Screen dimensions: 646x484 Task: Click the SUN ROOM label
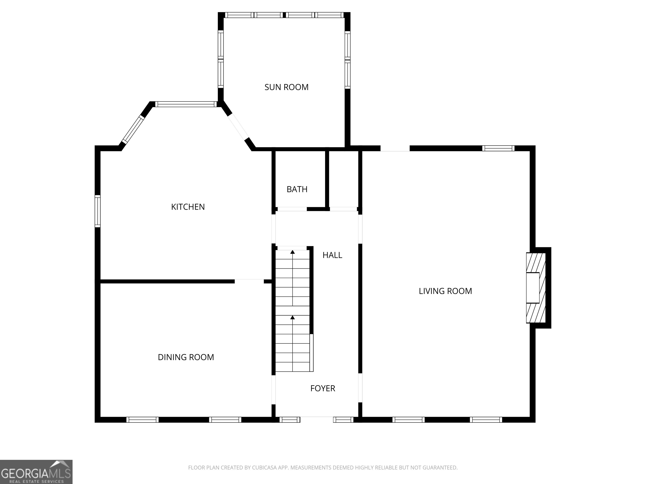point(286,87)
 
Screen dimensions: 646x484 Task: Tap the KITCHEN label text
point(188,207)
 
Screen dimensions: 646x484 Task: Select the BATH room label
point(297,189)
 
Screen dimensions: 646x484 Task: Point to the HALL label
point(332,255)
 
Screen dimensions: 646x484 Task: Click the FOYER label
point(323,388)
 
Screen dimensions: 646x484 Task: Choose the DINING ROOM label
point(186,357)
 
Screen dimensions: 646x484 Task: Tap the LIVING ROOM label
point(445,291)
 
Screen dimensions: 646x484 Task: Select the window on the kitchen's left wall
point(98,211)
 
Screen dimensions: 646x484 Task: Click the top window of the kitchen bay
point(186,104)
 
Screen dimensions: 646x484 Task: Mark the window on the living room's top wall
point(498,148)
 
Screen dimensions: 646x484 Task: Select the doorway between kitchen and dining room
point(249,281)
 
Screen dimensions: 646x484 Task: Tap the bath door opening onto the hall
point(292,209)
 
